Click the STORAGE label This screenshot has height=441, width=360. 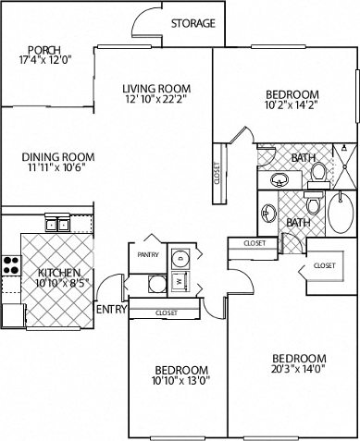[193, 23]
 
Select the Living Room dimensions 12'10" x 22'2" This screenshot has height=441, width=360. [155, 103]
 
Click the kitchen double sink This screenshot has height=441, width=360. [56, 223]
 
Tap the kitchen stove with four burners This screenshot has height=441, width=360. [11, 266]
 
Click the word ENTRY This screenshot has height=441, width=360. [111, 310]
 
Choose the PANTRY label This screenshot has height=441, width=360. [147, 253]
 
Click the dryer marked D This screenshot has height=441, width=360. [180, 258]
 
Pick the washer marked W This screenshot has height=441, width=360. [178, 280]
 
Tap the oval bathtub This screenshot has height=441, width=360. [341, 212]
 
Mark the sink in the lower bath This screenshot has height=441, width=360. [269, 212]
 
